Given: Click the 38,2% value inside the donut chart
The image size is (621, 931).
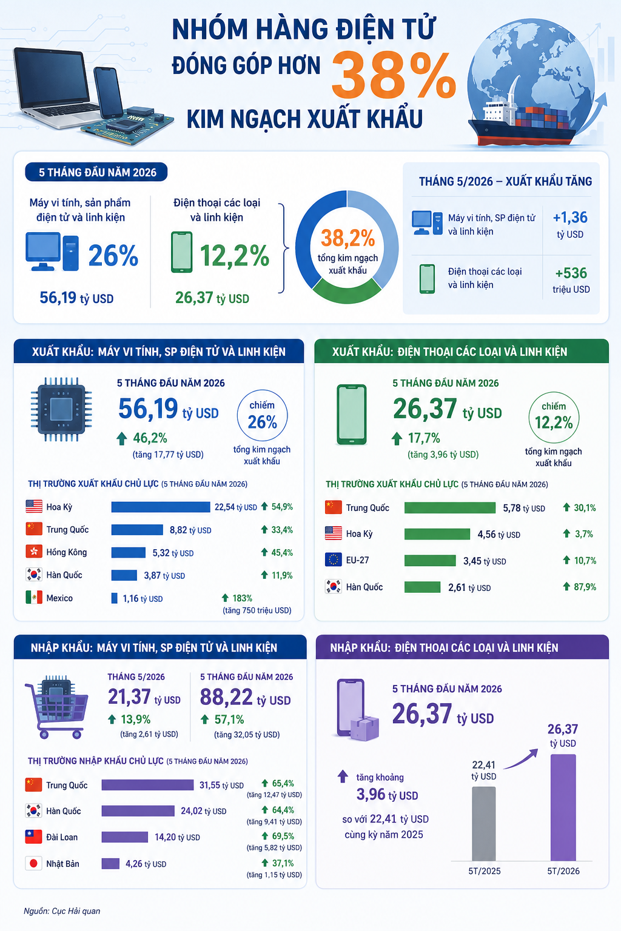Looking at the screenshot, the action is click(347, 238).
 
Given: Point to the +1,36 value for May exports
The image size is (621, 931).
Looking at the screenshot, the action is click(570, 218).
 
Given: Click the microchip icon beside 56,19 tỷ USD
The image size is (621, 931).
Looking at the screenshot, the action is click(61, 409).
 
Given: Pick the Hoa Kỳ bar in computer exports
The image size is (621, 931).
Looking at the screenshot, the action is click(161, 507).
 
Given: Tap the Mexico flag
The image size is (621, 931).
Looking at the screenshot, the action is click(34, 598).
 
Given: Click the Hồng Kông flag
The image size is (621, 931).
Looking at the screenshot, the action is click(34, 552).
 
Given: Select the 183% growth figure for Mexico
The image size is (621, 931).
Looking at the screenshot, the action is click(242, 598).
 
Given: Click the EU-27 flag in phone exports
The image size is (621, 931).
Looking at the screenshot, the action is click(333, 560).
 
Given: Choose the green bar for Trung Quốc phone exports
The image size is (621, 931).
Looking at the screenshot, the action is click(450, 508).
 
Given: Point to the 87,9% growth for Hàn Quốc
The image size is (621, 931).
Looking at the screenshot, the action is click(585, 587).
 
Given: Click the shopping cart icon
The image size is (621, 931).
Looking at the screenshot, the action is click(56, 707).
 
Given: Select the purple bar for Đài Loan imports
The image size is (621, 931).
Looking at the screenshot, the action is click(125, 836).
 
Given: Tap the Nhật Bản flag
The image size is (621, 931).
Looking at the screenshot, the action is click(34, 863).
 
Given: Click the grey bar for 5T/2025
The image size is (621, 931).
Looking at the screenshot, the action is click(484, 824).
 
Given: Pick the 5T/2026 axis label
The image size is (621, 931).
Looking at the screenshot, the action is click(563, 871).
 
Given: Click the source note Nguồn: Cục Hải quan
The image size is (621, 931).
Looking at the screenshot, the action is click(62, 911).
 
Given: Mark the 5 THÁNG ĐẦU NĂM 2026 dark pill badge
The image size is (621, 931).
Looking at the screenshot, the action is click(96, 172).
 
